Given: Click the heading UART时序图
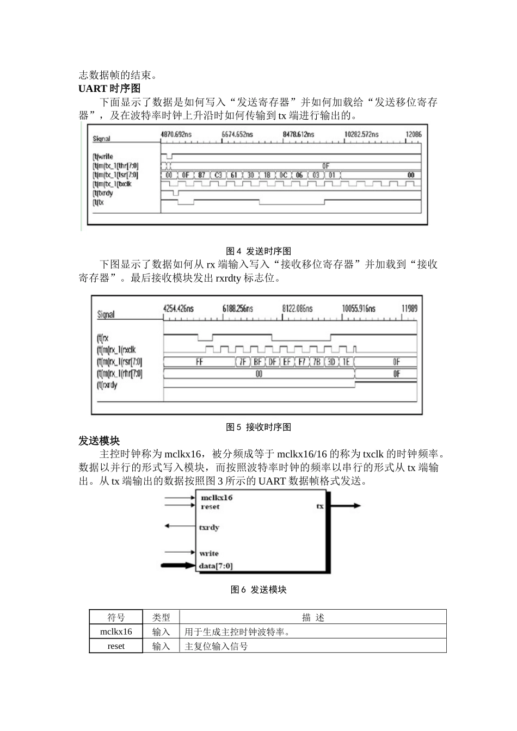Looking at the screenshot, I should point(109,89).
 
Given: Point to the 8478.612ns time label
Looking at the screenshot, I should point(298,134).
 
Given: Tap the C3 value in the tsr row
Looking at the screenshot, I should point(218,175).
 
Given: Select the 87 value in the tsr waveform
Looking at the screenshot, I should point(202,175).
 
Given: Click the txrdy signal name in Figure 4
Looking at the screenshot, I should point(103,193).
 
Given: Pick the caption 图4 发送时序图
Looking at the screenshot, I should point(258,251).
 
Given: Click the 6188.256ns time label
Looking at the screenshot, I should point(238,308).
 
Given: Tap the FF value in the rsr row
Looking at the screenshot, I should point(199,362).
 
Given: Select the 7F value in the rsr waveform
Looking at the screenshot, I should point(242,362).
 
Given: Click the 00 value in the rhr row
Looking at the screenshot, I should point(258,374).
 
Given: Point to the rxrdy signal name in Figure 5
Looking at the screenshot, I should point(107,385).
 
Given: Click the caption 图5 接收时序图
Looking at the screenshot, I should point(258,427).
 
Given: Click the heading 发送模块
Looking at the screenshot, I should point(99,441).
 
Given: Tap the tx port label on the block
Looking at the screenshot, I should point(319,506).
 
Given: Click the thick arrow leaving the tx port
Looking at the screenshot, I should point(345,506).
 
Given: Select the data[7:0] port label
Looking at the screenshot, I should point(216,566).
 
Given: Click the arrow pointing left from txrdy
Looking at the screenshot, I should point(180,526).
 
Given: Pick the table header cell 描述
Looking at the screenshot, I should point(313,617).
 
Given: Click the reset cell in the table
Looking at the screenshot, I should point(116,646).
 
